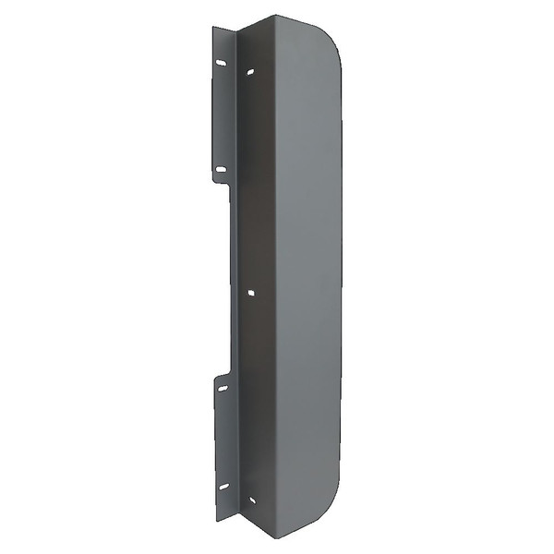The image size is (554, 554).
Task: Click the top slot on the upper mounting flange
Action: click(x=221, y=63)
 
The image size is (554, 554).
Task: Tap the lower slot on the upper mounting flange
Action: click(x=220, y=169)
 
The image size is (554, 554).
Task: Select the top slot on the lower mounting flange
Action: click(x=222, y=389)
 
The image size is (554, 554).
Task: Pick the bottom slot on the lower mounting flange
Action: click(x=222, y=487)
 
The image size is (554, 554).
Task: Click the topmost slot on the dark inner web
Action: click(x=251, y=71)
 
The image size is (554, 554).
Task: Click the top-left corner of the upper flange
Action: click(x=213, y=28)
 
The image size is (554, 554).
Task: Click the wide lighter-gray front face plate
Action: click(x=305, y=277)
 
